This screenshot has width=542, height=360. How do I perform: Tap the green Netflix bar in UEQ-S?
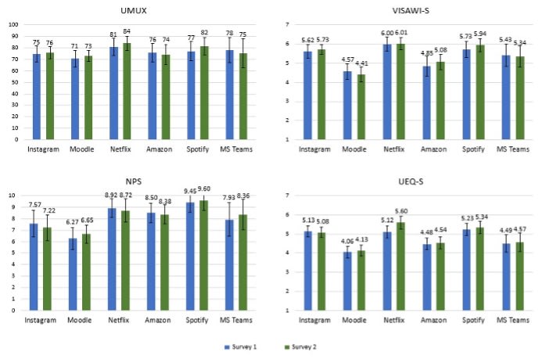point(401,266)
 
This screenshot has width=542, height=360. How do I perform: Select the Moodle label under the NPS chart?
point(78,320)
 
